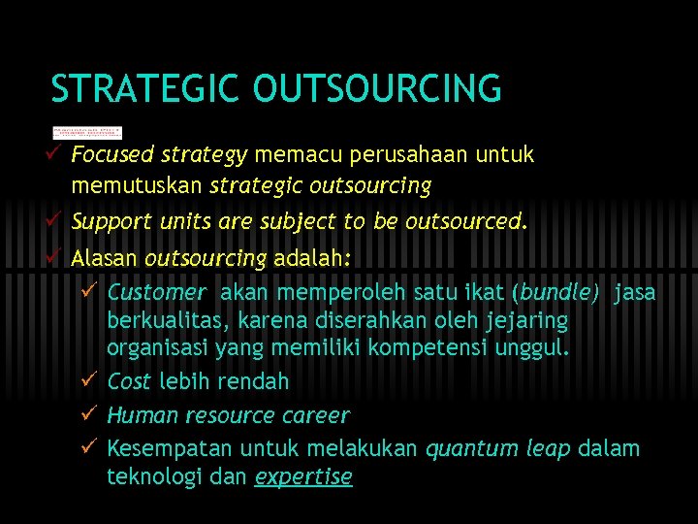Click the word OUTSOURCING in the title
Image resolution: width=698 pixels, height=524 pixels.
[377, 89]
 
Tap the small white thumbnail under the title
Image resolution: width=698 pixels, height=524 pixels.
[87, 133]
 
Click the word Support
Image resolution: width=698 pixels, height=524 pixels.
[106, 221]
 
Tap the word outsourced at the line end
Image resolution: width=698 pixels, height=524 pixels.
[466, 221]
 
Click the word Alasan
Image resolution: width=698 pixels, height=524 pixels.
[105, 258]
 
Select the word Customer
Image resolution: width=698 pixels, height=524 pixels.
[156, 292]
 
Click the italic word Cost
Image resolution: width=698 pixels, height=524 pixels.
[128, 381]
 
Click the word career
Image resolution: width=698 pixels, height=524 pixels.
[315, 415]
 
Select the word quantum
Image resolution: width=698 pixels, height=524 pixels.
[461, 448]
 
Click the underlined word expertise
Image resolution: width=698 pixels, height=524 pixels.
[302, 476]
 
